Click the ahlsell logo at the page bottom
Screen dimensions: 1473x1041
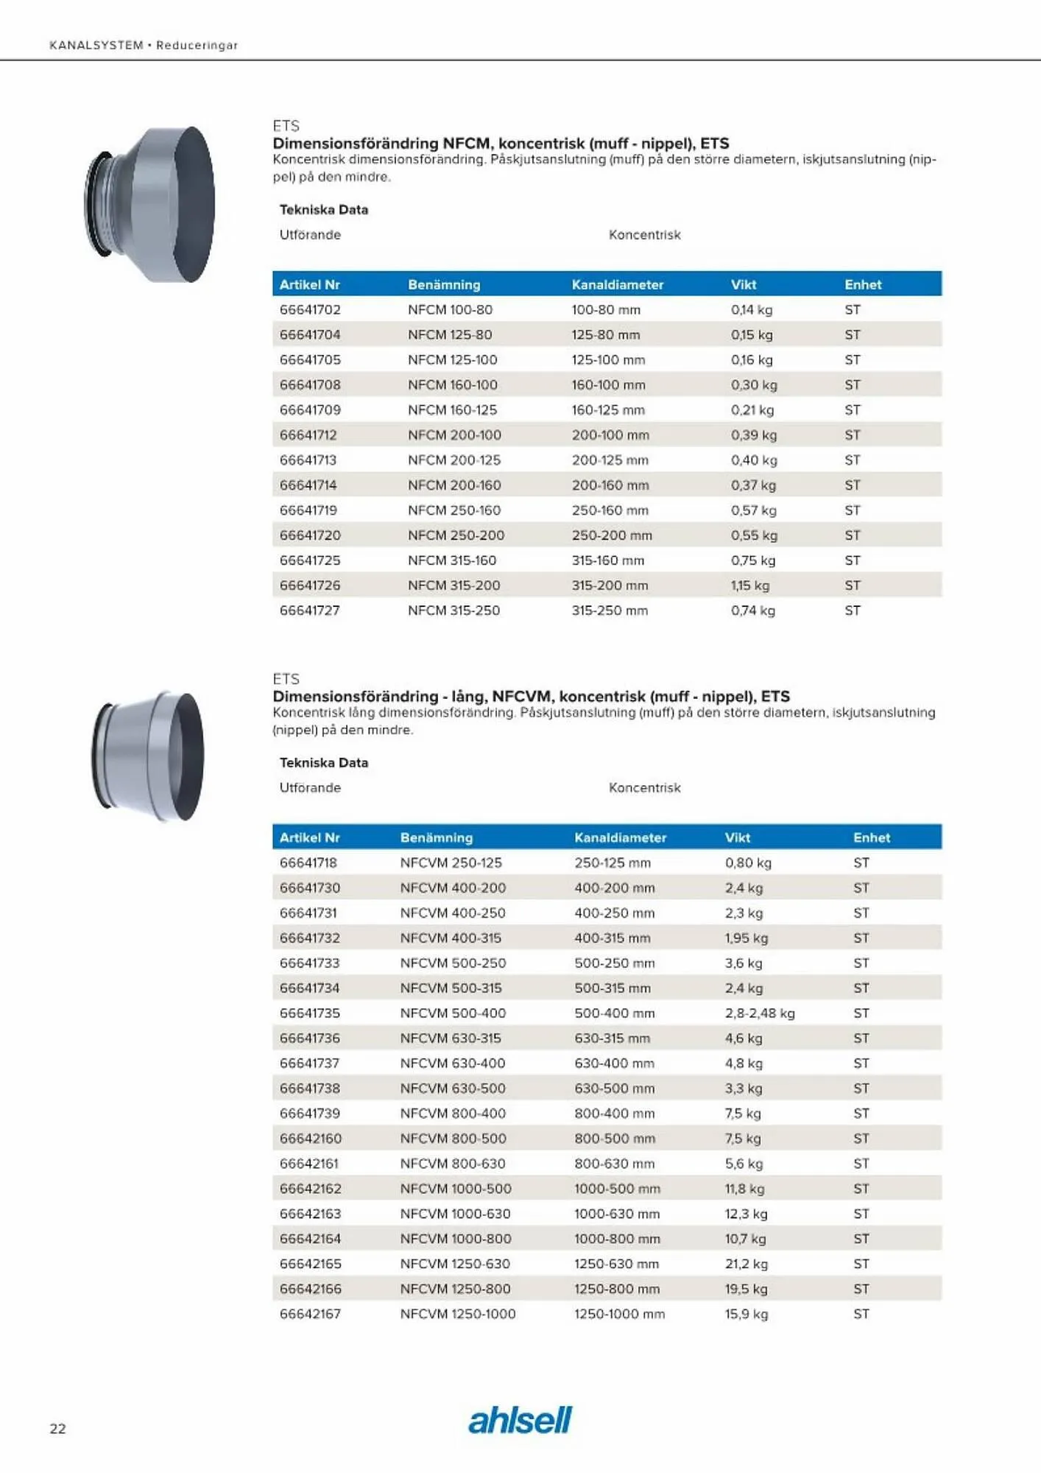coord(520,1420)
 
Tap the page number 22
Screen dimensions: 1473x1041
coord(57,1429)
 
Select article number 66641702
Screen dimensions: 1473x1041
coord(310,310)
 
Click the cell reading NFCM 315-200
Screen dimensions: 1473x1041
coord(454,586)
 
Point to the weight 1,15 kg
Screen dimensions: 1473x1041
coord(749,586)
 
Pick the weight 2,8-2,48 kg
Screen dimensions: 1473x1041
coord(759,1013)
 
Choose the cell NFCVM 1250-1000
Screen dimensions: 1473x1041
coord(457,1314)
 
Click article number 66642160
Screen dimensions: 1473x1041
coord(310,1139)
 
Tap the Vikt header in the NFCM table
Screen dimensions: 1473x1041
coord(743,285)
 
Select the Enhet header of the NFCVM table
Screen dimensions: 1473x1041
coord(871,838)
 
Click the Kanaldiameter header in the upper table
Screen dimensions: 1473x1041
coord(617,285)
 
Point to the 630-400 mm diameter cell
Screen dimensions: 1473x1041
coord(614,1064)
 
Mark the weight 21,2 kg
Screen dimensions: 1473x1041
coord(746,1264)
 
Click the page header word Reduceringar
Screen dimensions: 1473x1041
coord(197,46)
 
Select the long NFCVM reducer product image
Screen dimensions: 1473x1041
coord(148,756)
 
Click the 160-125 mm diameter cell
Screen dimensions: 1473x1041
coord(607,410)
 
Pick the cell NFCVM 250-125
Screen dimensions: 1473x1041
coord(451,863)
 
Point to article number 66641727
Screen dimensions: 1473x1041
coord(309,611)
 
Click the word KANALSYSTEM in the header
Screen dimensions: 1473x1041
coord(96,46)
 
